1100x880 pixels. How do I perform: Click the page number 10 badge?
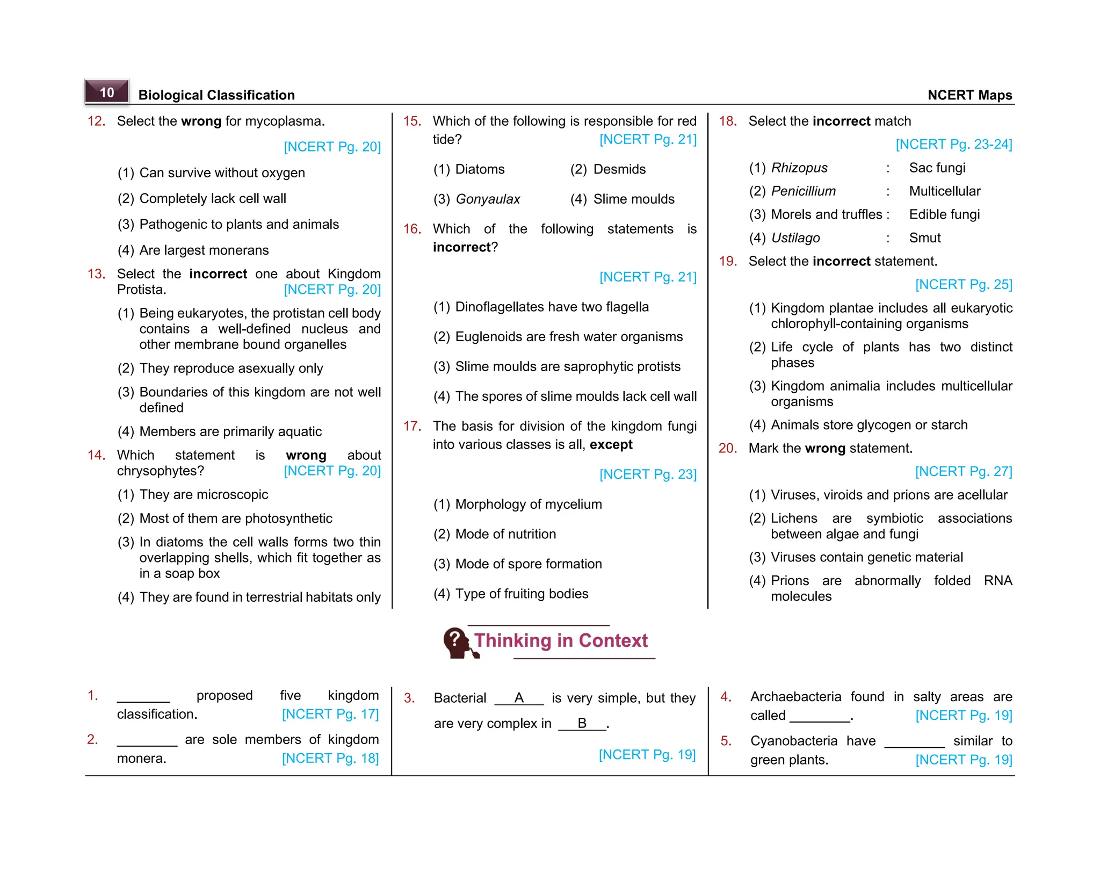point(107,92)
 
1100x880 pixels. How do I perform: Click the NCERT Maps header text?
point(969,95)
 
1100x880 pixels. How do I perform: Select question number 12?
point(97,121)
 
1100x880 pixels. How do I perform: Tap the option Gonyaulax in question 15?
point(487,199)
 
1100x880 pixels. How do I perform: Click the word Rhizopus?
point(799,168)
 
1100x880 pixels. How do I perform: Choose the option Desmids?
point(619,170)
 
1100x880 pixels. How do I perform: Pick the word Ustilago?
point(795,238)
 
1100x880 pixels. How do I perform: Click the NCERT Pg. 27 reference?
point(963,472)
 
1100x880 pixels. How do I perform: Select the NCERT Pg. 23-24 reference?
point(953,145)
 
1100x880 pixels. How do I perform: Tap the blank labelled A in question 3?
point(518,698)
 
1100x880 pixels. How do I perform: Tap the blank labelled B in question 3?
point(582,724)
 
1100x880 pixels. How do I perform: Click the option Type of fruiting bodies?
point(521,594)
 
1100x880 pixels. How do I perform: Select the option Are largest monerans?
point(204,251)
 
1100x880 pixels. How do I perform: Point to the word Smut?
point(924,238)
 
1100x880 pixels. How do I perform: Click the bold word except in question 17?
point(611,445)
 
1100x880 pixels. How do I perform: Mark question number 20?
point(727,449)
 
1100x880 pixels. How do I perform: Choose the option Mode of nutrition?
point(505,535)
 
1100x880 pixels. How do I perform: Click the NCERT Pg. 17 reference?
point(330,715)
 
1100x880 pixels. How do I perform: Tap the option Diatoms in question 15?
point(479,170)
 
